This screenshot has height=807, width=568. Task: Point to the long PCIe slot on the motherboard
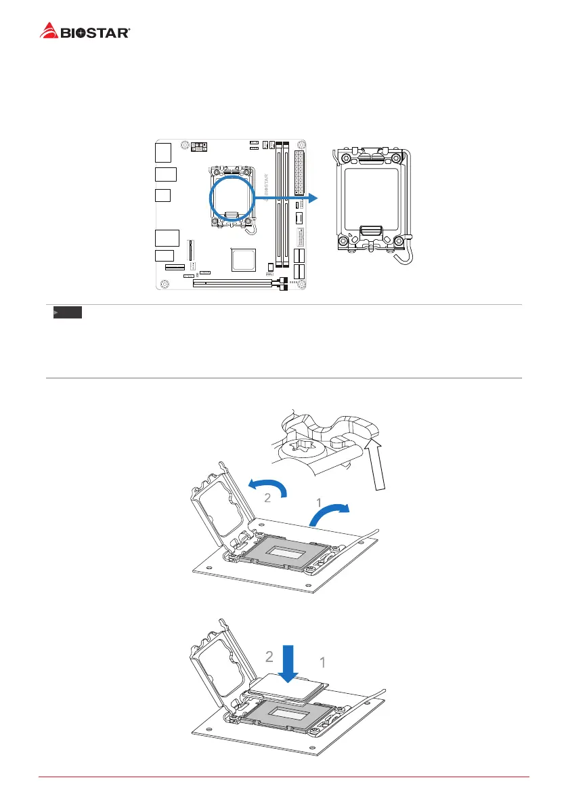click(x=234, y=283)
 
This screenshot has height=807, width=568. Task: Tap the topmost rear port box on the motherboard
click(x=162, y=152)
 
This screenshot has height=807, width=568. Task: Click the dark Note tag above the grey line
click(x=68, y=313)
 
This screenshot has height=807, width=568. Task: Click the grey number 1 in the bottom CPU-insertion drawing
click(x=322, y=662)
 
